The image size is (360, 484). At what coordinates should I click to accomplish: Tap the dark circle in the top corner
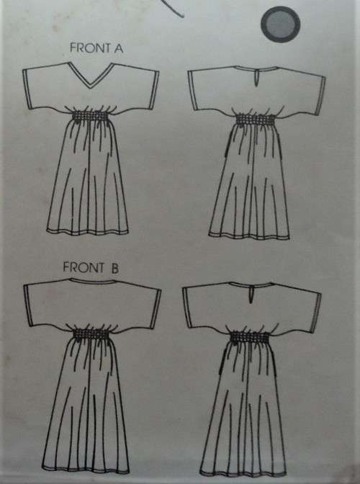(281, 27)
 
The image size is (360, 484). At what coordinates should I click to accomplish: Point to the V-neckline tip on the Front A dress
(91, 86)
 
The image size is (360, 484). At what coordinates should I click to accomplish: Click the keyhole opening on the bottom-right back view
(248, 292)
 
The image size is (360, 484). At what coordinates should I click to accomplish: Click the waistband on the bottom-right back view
(249, 336)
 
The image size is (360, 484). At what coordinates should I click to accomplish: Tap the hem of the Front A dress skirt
(91, 231)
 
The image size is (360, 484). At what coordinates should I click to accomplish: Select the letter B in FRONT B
(113, 266)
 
